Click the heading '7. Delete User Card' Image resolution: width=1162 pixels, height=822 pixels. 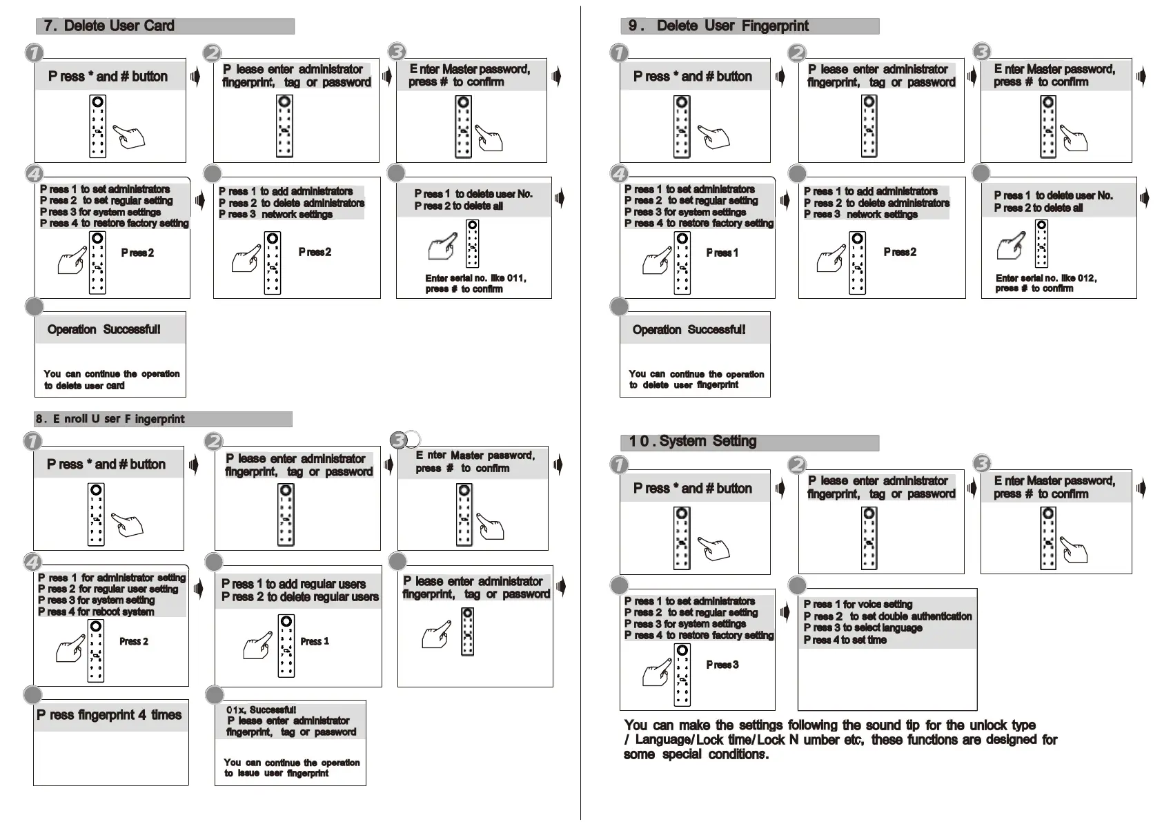[109, 26]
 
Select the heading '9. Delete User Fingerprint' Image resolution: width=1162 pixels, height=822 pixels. [719, 26]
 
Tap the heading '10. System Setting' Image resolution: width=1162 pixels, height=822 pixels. [693, 442]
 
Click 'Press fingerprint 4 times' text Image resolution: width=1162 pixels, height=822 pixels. [109, 715]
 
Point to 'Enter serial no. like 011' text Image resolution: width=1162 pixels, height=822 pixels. [475, 278]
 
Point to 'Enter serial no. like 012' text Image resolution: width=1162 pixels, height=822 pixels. [1046, 278]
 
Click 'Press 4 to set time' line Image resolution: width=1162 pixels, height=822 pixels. [845, 640]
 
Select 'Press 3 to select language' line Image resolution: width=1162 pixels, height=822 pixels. [863, 628]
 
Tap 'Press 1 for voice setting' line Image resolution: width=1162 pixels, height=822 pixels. [858, 605]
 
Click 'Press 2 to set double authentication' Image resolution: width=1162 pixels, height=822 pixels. [887, 616]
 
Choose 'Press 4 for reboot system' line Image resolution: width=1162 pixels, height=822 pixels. [96, 612]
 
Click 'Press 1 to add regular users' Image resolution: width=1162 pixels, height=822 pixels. [293, 584]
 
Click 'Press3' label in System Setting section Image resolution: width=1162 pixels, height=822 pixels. [722, 665]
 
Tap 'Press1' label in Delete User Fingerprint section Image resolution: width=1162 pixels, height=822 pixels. [722, 253]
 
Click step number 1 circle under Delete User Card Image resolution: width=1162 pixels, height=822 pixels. [34, 52]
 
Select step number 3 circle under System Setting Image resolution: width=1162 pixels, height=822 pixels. [981, 464]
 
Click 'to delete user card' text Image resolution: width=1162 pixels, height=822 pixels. [84, 386]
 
